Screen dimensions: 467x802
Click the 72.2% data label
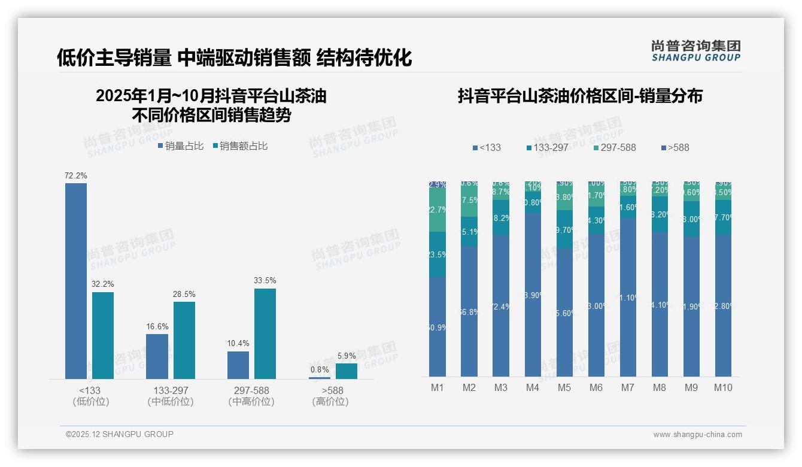pos(76,176)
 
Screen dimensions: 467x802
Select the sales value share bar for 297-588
pos(265,333)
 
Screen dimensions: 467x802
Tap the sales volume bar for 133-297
pos(157,356)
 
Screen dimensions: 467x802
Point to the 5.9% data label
pos(347,356)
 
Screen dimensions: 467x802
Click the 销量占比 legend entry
pos(180,146)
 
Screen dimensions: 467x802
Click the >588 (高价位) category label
pos(330,396)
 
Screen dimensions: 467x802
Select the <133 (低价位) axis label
pos(90,396)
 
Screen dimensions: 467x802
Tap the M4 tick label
pos(533,388)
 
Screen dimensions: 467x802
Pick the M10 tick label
pos(723,388)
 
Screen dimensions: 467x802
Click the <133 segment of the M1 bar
pos(438,326)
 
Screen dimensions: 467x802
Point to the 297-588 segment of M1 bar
pos(438,210)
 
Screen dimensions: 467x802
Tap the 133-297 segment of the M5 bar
pos(564,229)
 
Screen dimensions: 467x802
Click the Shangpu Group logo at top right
pos(695,51)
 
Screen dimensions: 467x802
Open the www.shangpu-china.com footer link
pos(697,435)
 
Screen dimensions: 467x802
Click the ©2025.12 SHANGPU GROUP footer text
pos(119,434)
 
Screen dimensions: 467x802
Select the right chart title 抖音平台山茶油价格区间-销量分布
pos(580,96)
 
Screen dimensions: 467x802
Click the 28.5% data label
pos(184,295)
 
